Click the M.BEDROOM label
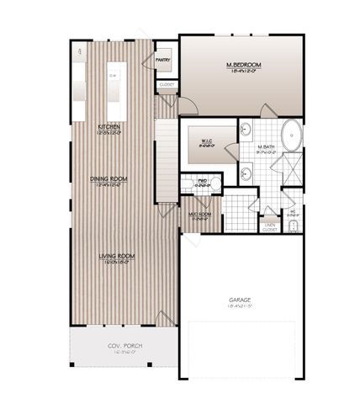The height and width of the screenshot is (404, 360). pos(241,65)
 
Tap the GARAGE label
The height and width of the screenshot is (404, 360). pos(242,300)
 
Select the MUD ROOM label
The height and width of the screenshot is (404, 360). pos(199,213)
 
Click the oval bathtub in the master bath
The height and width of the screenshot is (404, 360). pos(290,135)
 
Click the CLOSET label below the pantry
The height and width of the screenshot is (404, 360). pos(165,85)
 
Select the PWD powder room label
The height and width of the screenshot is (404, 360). pos(203,180)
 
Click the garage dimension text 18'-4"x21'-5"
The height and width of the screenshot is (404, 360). pos(242,307)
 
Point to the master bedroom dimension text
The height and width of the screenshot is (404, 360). pos(241,72)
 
